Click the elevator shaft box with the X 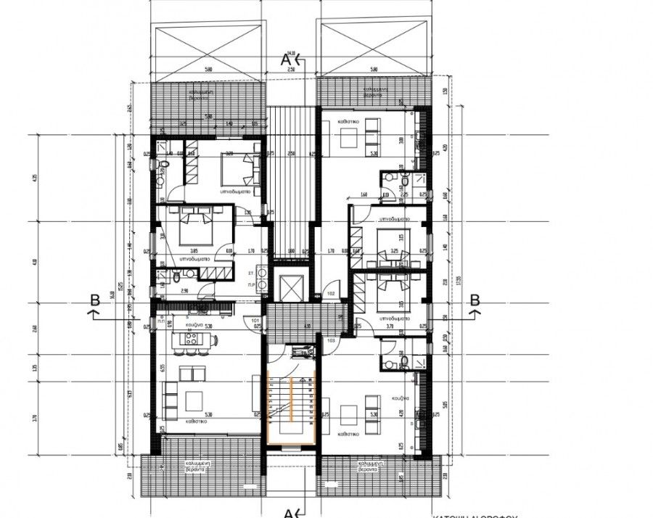[x=289, y=287]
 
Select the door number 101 [x=255, y=319]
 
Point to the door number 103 [x=330, y=340]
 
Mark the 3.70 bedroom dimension [x=390, y=327]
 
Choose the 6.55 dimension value [x=160, y=367]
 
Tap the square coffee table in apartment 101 [x=194, y=398]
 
